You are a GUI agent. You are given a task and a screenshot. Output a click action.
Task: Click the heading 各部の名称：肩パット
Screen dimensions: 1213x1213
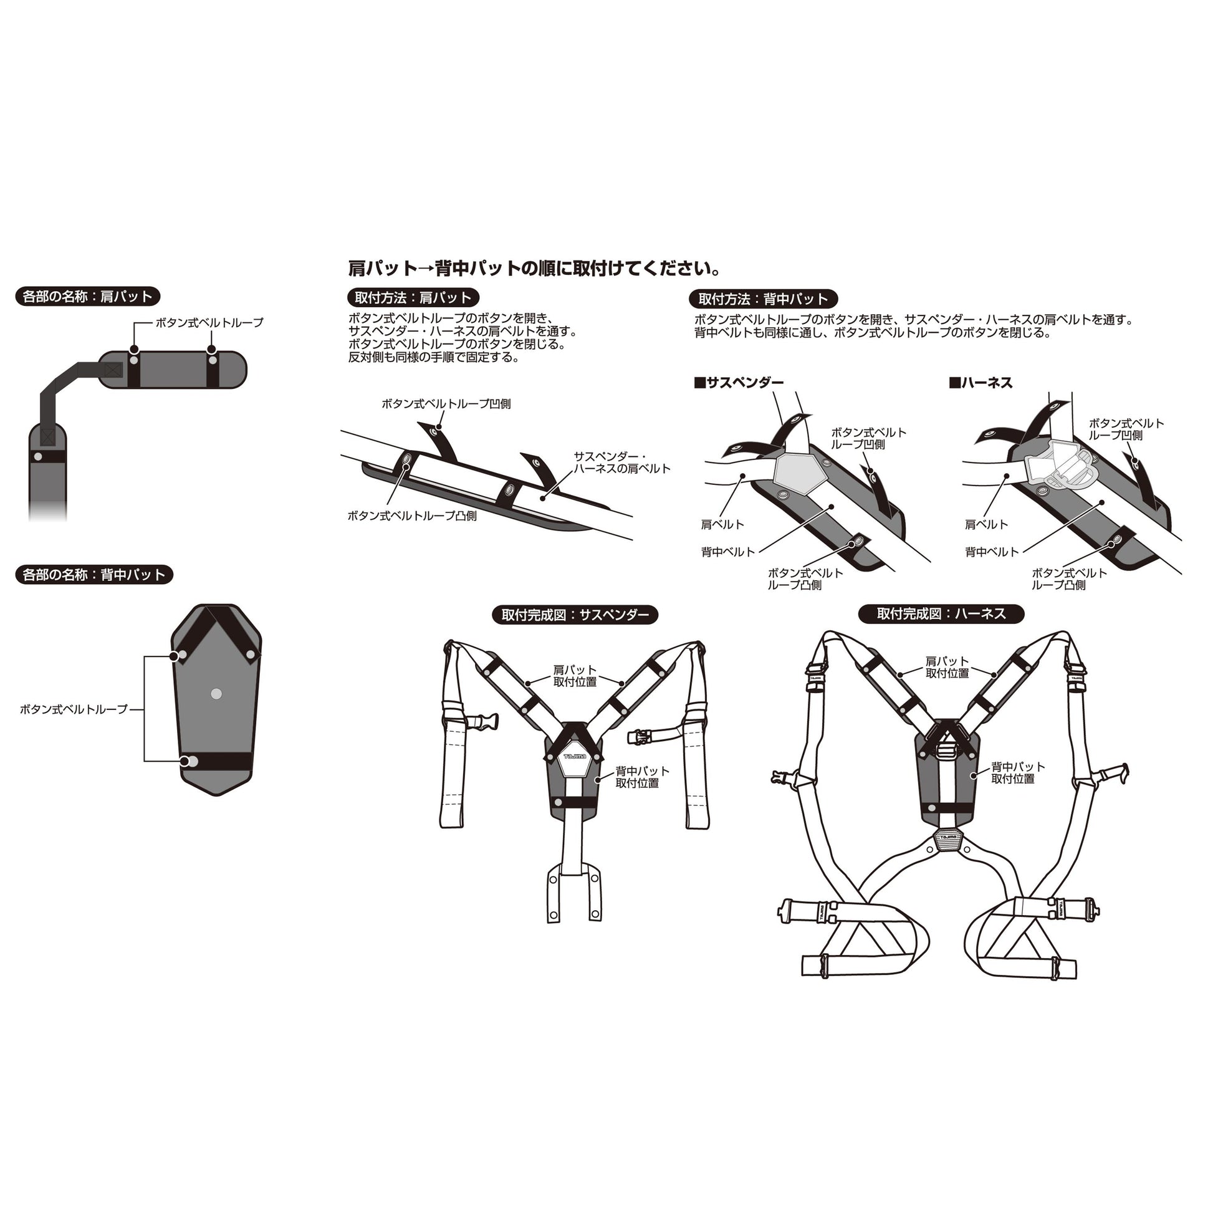click(x=87, y=296)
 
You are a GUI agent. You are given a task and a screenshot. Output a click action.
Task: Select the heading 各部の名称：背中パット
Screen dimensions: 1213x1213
click(x=93, y=575)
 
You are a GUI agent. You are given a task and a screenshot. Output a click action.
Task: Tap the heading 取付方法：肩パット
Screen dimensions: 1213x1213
click(x=413, y=297)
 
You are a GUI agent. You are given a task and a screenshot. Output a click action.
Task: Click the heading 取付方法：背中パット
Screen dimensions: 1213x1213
click(x=763, y=299)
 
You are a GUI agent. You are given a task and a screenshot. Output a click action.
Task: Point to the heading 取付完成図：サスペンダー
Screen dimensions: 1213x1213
click(x=575, y=615)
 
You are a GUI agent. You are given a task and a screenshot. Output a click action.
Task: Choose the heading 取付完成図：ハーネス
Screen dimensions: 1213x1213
click(x=941, y=613)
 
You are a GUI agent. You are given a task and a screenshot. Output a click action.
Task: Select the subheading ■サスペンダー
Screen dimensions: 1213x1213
click(x=739, y=382)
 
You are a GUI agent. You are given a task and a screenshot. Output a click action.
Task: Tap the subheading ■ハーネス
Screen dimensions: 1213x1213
click(x=980, y=382)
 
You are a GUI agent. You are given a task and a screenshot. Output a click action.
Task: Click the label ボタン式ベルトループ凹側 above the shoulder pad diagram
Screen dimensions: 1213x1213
click(x=446, y=404)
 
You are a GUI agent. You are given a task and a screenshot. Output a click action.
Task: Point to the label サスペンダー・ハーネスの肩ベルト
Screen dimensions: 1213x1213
click(x=621, y=462)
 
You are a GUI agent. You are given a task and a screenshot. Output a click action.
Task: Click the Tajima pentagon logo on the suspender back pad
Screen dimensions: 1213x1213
click(x=573, y=756)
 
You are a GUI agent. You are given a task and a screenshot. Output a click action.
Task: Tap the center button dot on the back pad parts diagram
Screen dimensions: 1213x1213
click(x=216, y=694)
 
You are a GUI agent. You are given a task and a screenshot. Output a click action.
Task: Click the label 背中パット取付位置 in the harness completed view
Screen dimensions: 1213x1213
click(x=1018, y=772)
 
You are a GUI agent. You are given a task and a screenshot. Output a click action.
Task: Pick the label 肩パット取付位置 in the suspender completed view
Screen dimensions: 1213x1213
click(x=575, y=676)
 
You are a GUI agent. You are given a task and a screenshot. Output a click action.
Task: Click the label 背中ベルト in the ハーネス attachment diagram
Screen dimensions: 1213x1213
click(x=992, y=552)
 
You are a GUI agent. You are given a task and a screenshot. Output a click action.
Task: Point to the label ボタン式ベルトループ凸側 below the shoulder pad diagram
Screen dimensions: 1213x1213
click(x=412, y=515)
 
